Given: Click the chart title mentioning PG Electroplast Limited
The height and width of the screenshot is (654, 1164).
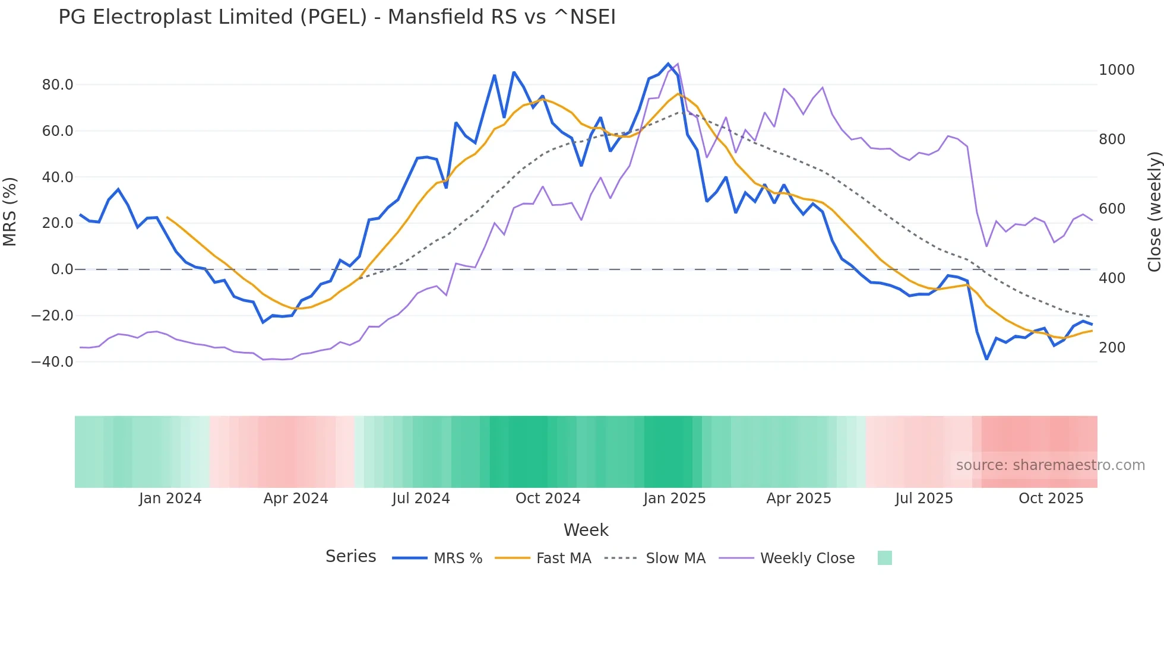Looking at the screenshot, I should [337, 17].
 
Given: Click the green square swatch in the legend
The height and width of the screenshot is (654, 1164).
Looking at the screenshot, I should [884, 558].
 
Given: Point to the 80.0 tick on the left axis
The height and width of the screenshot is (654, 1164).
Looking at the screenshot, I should [58, 85].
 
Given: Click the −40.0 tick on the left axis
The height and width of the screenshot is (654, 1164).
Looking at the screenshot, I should [52, 361].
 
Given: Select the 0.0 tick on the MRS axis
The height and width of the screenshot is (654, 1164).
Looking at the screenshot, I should [62, 269].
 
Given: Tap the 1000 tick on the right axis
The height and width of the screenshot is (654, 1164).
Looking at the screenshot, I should [1116, 70].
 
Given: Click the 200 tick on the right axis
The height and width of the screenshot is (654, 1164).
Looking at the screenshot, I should [1112, 348].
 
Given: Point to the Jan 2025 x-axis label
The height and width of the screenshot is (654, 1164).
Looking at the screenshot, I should [674, 499].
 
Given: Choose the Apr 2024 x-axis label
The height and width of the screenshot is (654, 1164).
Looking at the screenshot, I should [296, 499].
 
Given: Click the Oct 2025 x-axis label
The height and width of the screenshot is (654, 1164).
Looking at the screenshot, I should [1051, 499].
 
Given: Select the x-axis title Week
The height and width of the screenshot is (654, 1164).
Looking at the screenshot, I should [586, 530].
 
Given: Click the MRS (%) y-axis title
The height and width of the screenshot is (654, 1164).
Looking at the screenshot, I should [10, 211].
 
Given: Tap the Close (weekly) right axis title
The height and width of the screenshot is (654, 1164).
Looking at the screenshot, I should [1154, 212].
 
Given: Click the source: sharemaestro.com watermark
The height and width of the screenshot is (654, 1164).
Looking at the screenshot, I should [1050, 465].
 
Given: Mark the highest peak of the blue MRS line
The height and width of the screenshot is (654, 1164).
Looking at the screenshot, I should [668, 64].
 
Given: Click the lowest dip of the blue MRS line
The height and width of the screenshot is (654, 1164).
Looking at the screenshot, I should [986, 359].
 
